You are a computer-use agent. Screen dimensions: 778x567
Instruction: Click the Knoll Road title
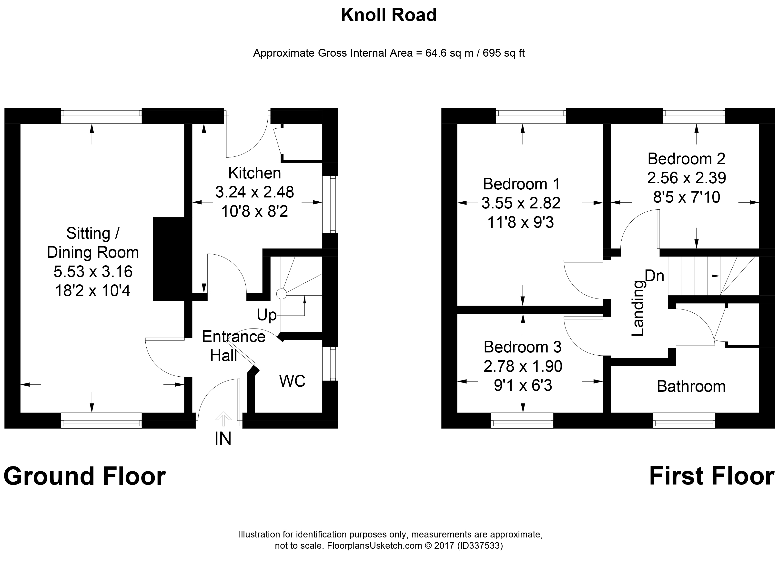coord(389,15)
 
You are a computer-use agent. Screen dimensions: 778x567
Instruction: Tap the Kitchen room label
coord(254,173)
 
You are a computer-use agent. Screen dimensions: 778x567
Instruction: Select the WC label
coord(292,381)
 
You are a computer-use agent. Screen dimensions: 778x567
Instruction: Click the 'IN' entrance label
coord(223,439)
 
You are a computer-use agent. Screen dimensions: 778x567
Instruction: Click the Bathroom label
coord(691,386)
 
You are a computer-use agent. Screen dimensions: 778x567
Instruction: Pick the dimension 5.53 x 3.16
coord(93,271)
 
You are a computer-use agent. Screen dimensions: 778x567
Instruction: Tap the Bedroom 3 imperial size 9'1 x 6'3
coord(523,385)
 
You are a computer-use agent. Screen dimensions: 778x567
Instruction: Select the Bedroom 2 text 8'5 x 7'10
coord(687,197)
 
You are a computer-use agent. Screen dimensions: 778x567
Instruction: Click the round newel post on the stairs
coord(282,294)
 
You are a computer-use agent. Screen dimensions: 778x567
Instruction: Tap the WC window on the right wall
coord(331,364)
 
